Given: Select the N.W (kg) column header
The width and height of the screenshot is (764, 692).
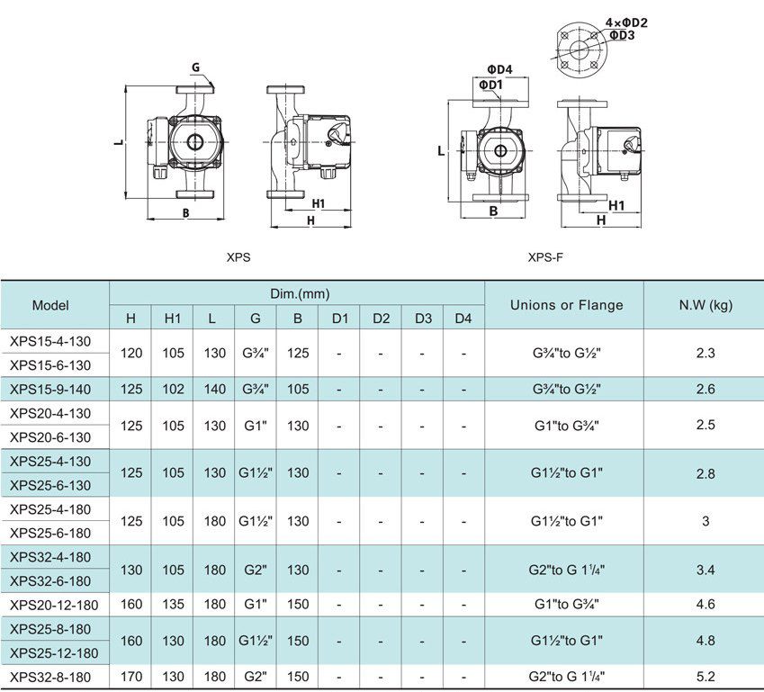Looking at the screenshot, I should [x=705, y=305].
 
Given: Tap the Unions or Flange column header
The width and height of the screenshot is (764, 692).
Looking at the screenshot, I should [x=566, y=305].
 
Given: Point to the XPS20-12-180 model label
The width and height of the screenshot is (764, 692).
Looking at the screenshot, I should [x=54, y=605].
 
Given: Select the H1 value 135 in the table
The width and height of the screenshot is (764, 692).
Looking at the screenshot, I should [x=173, y=605].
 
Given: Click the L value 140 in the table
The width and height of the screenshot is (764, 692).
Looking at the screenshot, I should [x=214, y=389].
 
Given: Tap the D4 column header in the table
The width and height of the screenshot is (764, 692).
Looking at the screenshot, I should [x=463, y=319].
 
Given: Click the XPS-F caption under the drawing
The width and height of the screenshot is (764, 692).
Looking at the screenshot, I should [x=545, y=257].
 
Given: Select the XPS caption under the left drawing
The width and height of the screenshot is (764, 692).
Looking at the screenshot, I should [x=238, y=257].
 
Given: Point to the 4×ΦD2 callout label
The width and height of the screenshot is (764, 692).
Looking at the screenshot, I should [x=626, y=22].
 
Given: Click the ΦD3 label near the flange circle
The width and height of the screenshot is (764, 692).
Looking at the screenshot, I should [x=622, y=35].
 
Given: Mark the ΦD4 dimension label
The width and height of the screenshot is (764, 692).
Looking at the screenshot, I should [x=499, y=69].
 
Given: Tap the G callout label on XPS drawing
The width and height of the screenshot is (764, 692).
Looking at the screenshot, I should [x=195, y=67].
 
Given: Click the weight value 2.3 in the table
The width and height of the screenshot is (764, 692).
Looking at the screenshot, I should [x=705, y=353].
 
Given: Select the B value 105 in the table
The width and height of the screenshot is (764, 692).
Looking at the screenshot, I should [x=298, y=389].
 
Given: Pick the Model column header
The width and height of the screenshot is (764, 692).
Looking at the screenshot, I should [x=50, y=305].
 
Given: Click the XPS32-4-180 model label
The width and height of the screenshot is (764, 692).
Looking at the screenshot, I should [x=50, y=557].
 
